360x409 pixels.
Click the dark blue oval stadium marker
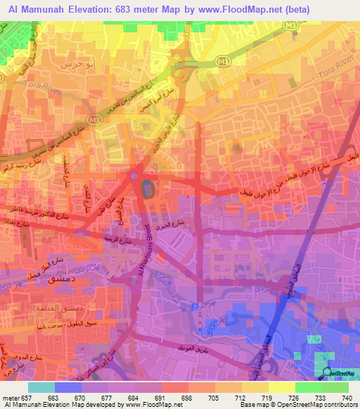pyautogui.click(x=146, y=188)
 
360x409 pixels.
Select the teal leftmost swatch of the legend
pyautogui.click(x=41, y=387)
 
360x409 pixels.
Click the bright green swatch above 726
pyautogui.click(x=308, y=387)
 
